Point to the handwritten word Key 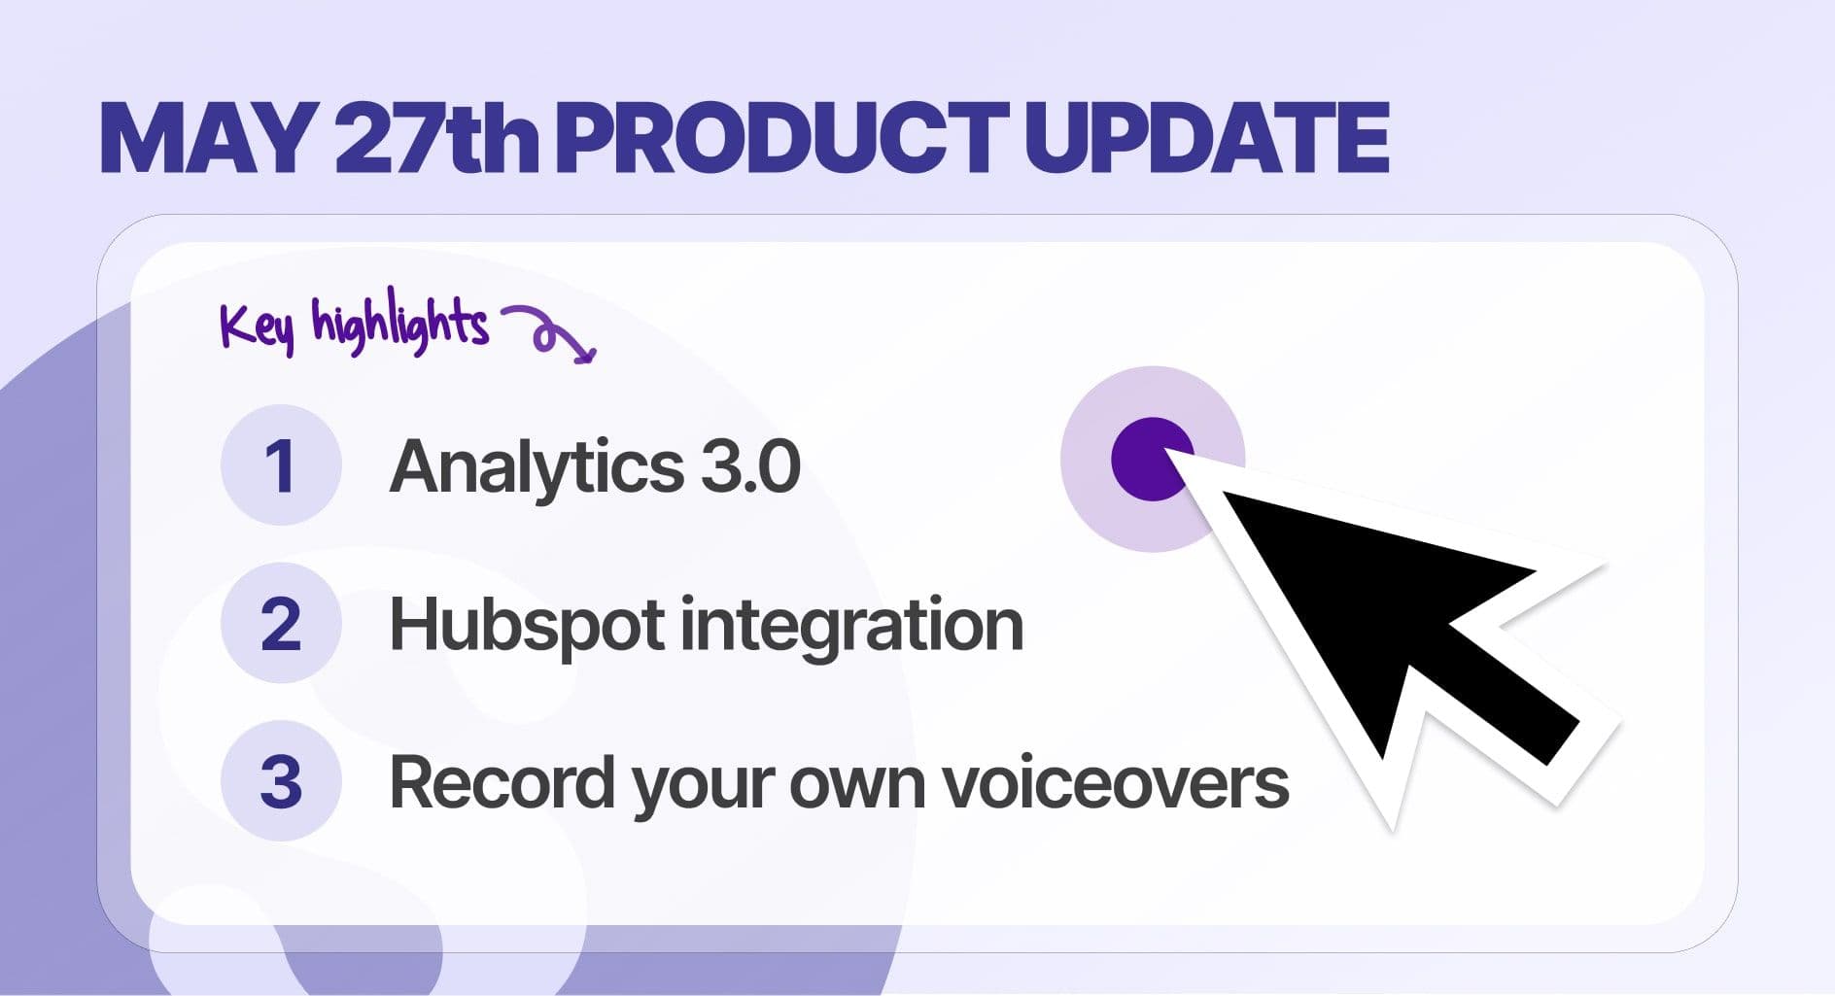[256, 326]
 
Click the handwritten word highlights [398, 323]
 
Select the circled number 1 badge [281, 465]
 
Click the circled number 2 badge [281, 623]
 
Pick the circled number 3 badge [281, 781]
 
